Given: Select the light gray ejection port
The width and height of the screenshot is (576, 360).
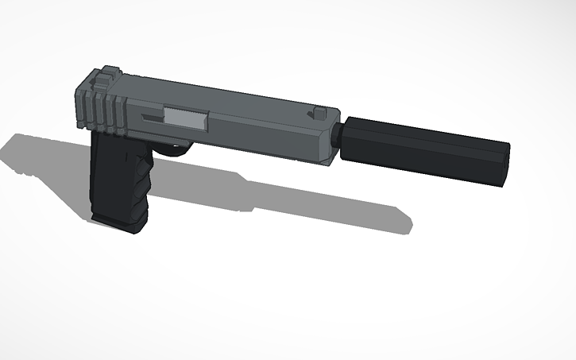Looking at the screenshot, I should (x=184, y=117).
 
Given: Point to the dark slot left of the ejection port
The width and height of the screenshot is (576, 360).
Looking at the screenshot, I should (x=151, y=117).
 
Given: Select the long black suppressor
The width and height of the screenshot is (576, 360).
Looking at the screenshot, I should (x=421, y=147).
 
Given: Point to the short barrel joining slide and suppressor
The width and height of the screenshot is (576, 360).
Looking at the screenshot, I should (x=338, y=141).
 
